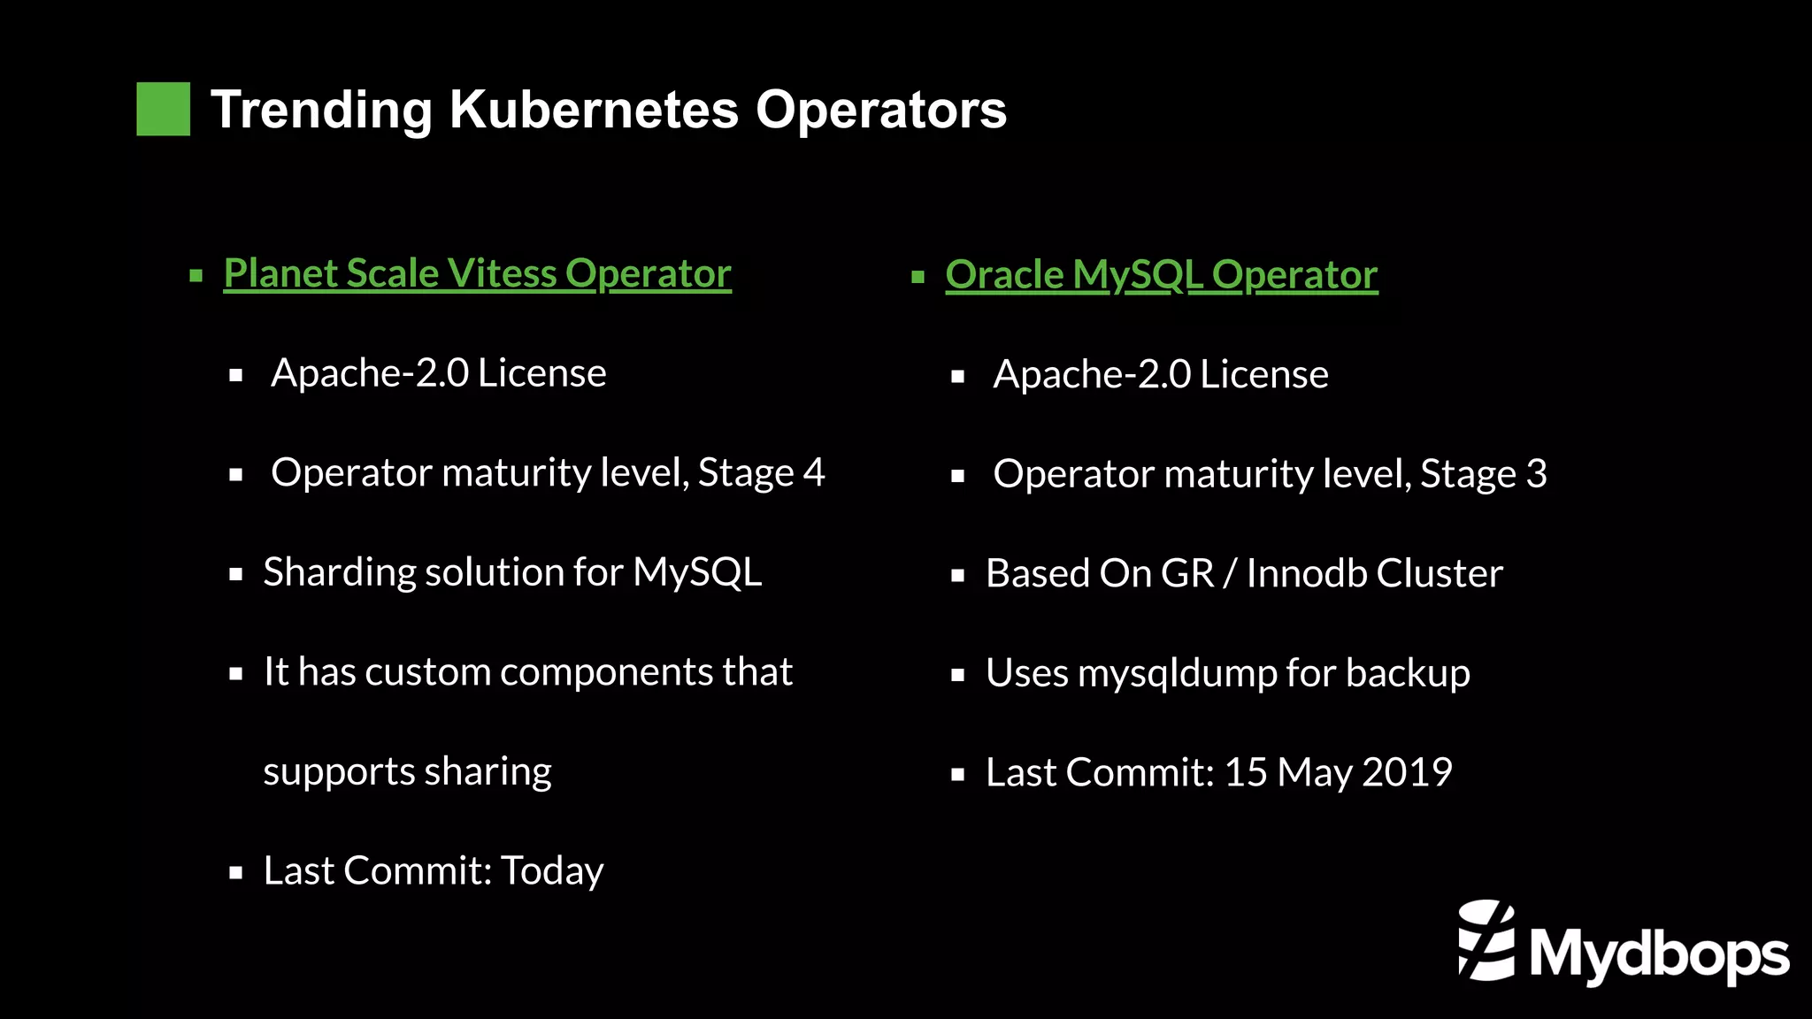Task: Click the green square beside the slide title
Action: (163, 109)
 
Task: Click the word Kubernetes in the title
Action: (593, 110)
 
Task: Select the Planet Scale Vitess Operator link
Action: (477, 273)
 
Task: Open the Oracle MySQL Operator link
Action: (1161, 275)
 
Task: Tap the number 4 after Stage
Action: (814, 472)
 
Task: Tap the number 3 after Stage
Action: (1536, 474)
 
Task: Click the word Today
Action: (552, 871)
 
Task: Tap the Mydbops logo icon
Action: (1486, 940)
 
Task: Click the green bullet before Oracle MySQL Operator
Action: (918, 277)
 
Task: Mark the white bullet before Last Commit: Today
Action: (235, 873)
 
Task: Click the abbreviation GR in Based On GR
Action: (1186, 574)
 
